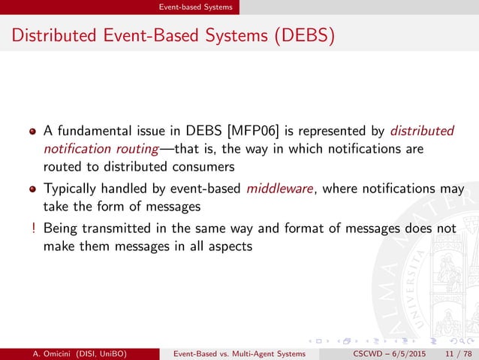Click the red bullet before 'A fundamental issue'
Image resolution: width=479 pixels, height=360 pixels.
coord(33,132)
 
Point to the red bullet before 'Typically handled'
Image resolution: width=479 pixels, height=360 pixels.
coord(33,189)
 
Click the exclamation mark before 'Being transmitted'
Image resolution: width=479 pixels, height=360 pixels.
coord(33,228)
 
